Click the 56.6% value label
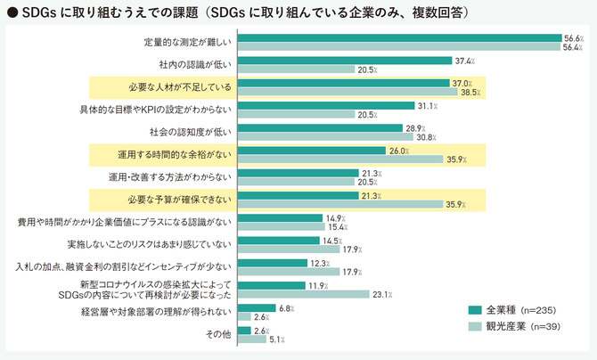(x=573, y=38)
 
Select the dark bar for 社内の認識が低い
(x=346, y=61)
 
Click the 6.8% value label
(x=286, y=307)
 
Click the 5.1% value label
(x=278, y=339)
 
